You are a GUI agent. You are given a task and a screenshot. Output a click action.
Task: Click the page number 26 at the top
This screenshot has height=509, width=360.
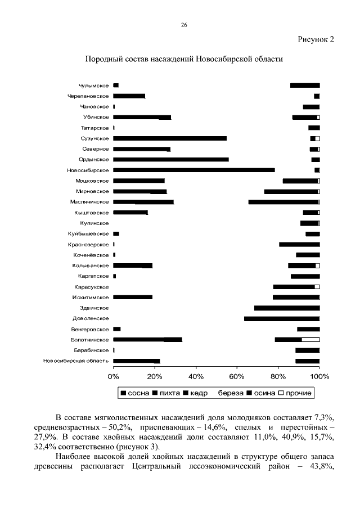click(x=184, y=25)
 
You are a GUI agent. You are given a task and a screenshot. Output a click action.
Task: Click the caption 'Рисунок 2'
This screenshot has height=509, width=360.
click(x=315, y=39)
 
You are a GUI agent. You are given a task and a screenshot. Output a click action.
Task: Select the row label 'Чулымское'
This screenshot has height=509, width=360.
click(x=94, y=85)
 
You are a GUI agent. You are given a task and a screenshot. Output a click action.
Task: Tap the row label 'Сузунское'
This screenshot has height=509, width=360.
click(x=94, y=138)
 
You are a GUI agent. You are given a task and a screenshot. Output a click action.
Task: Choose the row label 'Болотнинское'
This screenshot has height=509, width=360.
click(x=90, y=340)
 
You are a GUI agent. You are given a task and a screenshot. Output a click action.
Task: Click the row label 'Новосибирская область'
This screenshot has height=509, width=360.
click(x=76, y=361)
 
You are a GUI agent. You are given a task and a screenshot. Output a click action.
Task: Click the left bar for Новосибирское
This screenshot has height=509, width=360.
click(x=194, y=170)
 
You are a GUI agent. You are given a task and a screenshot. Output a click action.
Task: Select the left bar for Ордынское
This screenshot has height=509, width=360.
click(x=171, y=160)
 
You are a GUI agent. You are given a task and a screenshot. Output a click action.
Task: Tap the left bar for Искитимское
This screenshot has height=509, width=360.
click(x=133, y=297)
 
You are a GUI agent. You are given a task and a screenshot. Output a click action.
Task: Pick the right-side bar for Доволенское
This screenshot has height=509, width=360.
click(x=282, y=319)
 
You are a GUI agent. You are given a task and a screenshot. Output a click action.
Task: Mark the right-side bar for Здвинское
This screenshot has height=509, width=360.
click(x=287, y=308)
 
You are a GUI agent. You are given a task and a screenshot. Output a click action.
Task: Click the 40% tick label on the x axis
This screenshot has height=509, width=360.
click(x=196, y=376)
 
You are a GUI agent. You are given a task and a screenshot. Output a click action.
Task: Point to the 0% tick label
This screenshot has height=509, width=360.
click(x=114, y=376)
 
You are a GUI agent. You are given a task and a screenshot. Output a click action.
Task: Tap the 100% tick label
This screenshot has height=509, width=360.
click(x=319, y=376)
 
